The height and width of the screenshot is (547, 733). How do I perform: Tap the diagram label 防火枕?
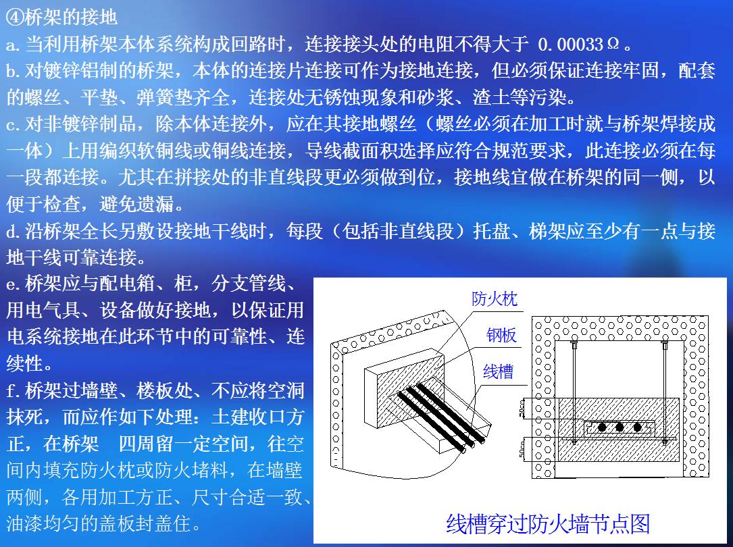click(495, 298)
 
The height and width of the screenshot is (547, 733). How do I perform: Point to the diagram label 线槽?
click(499, 371)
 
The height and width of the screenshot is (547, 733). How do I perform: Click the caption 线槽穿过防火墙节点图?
click(548, 524)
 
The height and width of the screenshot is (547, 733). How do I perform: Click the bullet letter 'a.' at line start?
click(14, 45)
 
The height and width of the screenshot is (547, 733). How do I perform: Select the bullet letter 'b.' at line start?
click(14, 71)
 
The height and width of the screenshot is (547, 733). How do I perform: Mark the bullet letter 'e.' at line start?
click(14, 284)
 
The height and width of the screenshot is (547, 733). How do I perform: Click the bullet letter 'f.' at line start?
click(14, 390)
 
